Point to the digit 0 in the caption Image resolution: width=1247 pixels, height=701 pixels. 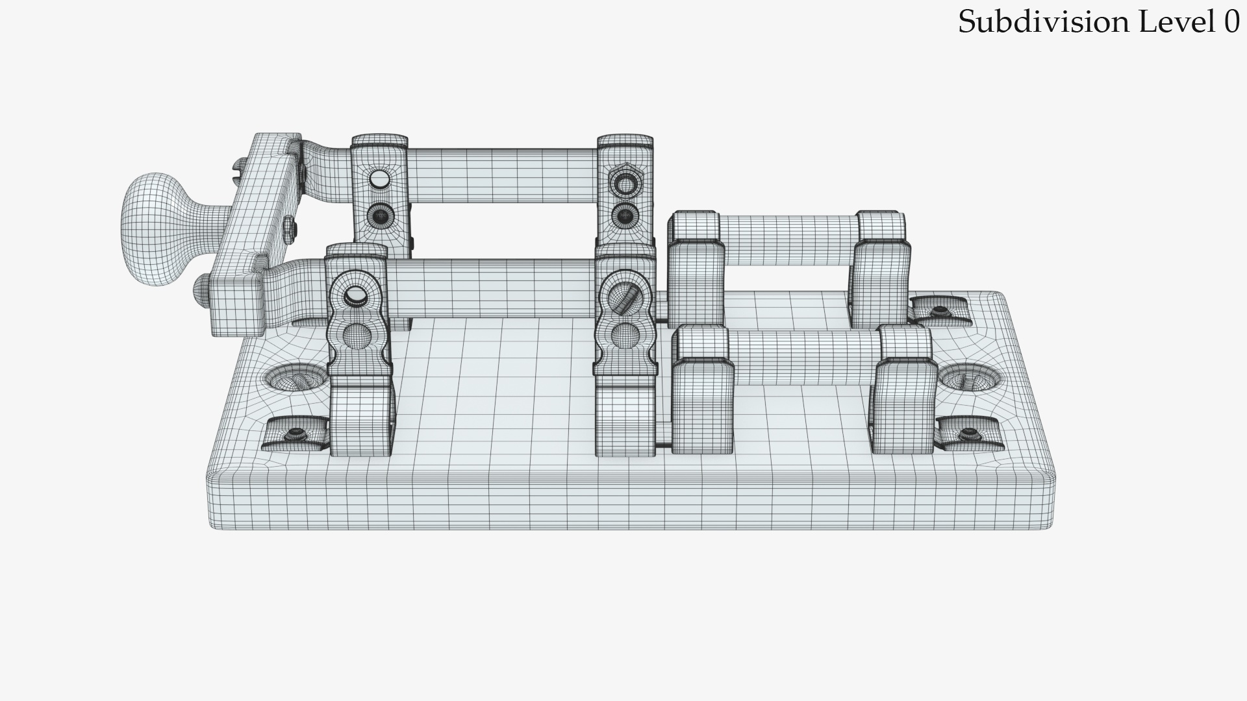[x=1231, y=22]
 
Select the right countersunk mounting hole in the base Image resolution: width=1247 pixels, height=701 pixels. [x=970, y=378]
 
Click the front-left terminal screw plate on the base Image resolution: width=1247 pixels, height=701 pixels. [x=294, y=434]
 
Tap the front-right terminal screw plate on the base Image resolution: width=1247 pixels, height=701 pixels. [x=968, y=433]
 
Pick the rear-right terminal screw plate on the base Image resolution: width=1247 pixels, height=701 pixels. [x=939, y=312]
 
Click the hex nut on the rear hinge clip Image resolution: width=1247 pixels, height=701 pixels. [x=625, y=184]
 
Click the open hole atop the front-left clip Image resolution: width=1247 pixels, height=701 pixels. [x=355, y=296]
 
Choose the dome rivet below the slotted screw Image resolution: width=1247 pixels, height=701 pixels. [x=625, y=335]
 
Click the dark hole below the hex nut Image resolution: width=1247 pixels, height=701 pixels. [x=625, y=214]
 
